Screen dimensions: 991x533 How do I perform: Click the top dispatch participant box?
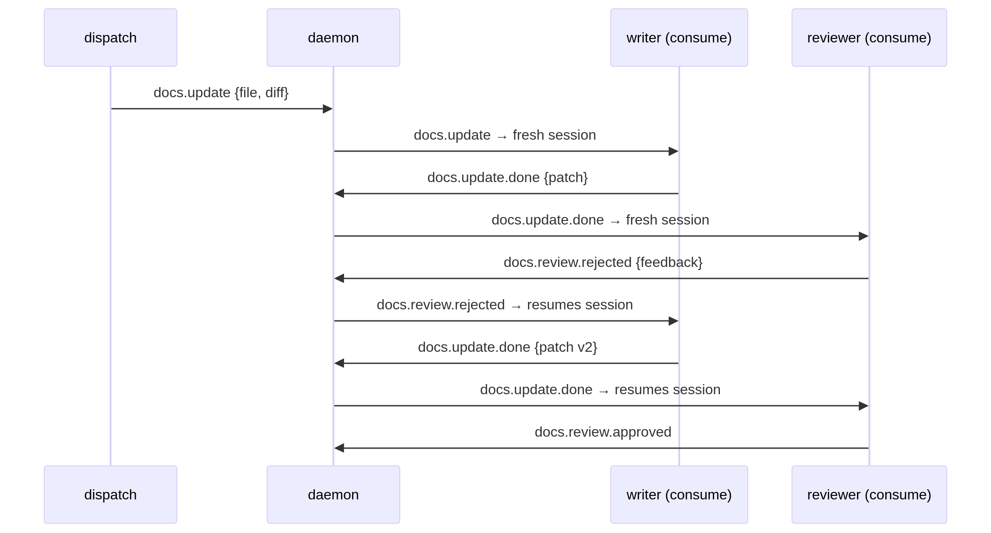tap(111, 38)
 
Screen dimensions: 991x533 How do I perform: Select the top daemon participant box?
tap(333, 38)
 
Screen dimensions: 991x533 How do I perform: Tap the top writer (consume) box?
tap(679, 38)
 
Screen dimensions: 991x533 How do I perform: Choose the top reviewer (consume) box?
tap(869, 38)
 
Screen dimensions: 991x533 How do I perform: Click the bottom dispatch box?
tap(111, 495)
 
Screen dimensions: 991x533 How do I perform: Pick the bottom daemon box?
tap(333, 495)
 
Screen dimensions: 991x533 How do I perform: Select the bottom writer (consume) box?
tap(679, 495)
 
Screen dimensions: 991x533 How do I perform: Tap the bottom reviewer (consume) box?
tap(869, 495)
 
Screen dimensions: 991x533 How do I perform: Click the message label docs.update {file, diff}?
tap(221, 93)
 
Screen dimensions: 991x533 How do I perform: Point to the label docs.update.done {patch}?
tap(508, 178)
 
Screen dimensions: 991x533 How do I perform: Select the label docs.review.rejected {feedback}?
tap(603, 263)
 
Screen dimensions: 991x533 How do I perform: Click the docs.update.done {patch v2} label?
tap(508, 347)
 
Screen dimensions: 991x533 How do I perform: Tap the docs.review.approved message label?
tap(603, 432)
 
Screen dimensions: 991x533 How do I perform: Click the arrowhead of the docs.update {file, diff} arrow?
tap(328, 109)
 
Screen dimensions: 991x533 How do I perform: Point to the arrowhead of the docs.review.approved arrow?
tap(339, 448)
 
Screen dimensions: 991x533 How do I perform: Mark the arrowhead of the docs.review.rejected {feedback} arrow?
tap(339, 278)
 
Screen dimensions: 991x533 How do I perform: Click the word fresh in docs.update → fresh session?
tap(528, 135)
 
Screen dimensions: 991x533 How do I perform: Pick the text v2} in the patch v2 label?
tap(587, 347)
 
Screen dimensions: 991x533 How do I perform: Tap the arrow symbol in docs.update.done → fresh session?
tap(615, 221)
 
